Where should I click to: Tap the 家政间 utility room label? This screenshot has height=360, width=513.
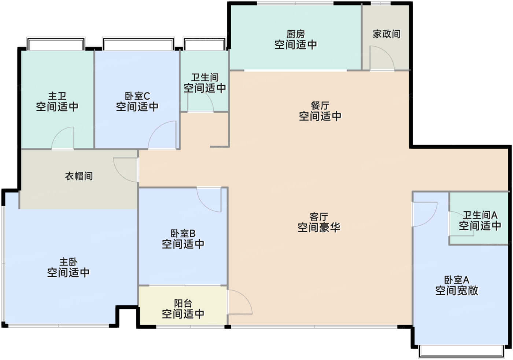387,34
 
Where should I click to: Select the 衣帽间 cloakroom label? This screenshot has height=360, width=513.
79,176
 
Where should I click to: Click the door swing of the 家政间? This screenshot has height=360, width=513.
381,58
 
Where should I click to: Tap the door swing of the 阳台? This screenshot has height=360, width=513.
239,302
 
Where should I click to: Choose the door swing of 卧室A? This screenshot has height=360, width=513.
424,214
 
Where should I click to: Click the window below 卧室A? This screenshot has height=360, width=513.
461,351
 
